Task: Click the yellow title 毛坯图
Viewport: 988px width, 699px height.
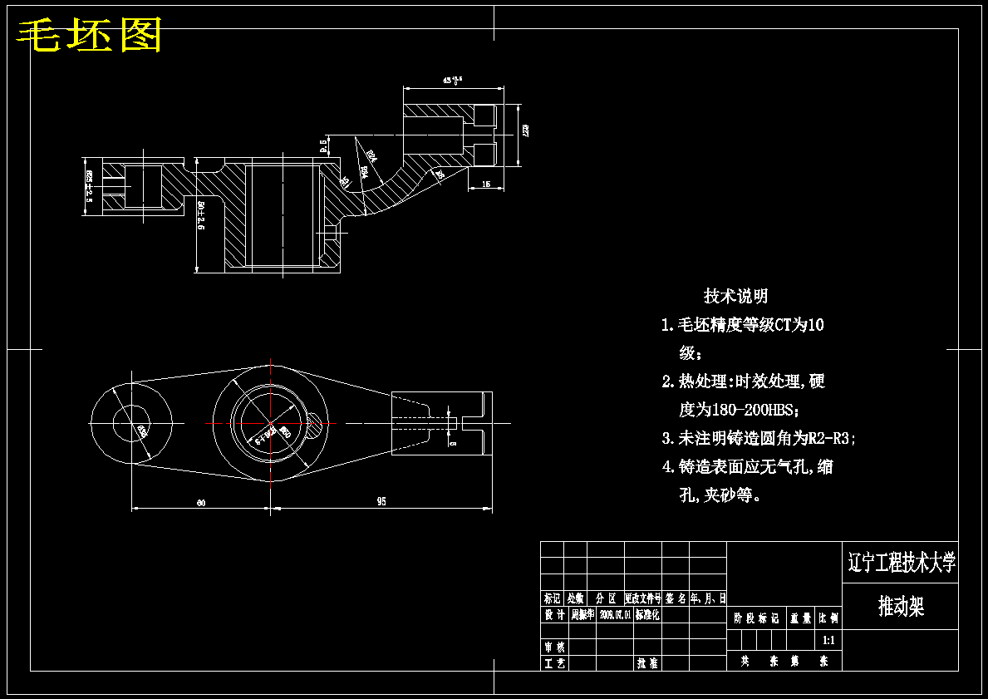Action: (90, 34)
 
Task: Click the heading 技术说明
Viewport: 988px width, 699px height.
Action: (735, 296)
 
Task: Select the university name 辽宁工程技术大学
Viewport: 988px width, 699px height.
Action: (901, 563)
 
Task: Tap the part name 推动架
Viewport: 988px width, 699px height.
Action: (901, 607)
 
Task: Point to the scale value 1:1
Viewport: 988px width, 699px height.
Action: (828, 640)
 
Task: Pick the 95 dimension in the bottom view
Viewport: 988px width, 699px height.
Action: (381, 501)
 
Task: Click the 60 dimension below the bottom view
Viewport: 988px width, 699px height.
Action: (201, 501)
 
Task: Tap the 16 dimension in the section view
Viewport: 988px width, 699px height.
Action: (486, 184)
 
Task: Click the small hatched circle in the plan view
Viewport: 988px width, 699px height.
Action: (317, 426)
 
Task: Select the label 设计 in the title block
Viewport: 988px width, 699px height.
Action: (554, 614)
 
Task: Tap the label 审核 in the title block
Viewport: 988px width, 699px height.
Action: (554, 647)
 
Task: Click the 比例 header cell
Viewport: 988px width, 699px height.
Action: (828, 618)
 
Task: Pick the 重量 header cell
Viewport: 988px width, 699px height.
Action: (801, 618)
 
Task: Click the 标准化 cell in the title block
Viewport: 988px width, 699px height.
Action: (647, 614)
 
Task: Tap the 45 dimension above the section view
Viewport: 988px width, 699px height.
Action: (453, 81)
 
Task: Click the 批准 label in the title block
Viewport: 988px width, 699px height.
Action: (647, 663)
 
